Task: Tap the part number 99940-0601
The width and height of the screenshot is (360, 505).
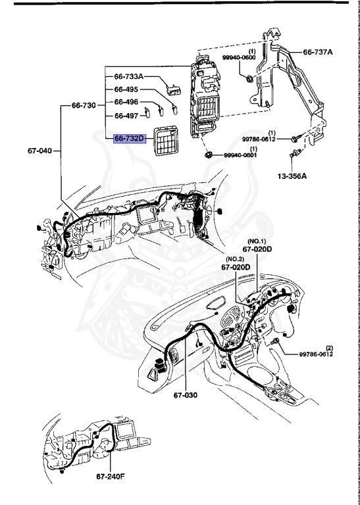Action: coord(241,155)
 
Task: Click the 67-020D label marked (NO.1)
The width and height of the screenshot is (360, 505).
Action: coord(256,250)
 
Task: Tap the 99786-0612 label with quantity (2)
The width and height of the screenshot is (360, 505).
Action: coord(317,353)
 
